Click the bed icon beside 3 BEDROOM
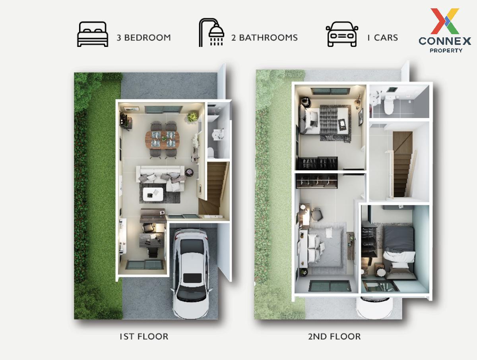(93, 34)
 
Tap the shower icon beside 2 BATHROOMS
(211, 32)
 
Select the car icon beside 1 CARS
(342, 34)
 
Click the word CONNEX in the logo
(445, 41)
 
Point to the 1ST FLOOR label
(144, 337)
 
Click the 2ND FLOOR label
(334, 337)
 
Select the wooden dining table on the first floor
(163, 139)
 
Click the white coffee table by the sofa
(153, 194)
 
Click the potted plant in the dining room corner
(192, 117)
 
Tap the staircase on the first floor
(214, 189)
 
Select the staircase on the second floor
(403, 164)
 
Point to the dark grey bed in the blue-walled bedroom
(399, 252)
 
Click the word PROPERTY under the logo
(446, 50)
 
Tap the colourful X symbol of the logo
(445, 21)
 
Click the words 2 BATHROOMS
(264, 38)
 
